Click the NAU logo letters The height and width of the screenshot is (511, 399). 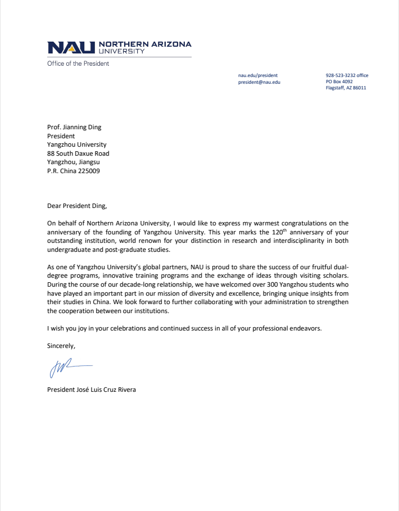[71, 47]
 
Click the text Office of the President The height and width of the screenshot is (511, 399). [78, 64]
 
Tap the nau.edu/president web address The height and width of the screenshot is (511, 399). [258, 75]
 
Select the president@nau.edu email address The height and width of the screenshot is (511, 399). [259, 82]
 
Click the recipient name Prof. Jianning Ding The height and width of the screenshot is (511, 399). [74, 127]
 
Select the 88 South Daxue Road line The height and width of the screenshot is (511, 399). [78, 153]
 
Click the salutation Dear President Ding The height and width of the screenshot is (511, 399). [76, 206]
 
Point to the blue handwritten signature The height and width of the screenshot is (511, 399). [67, 368]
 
